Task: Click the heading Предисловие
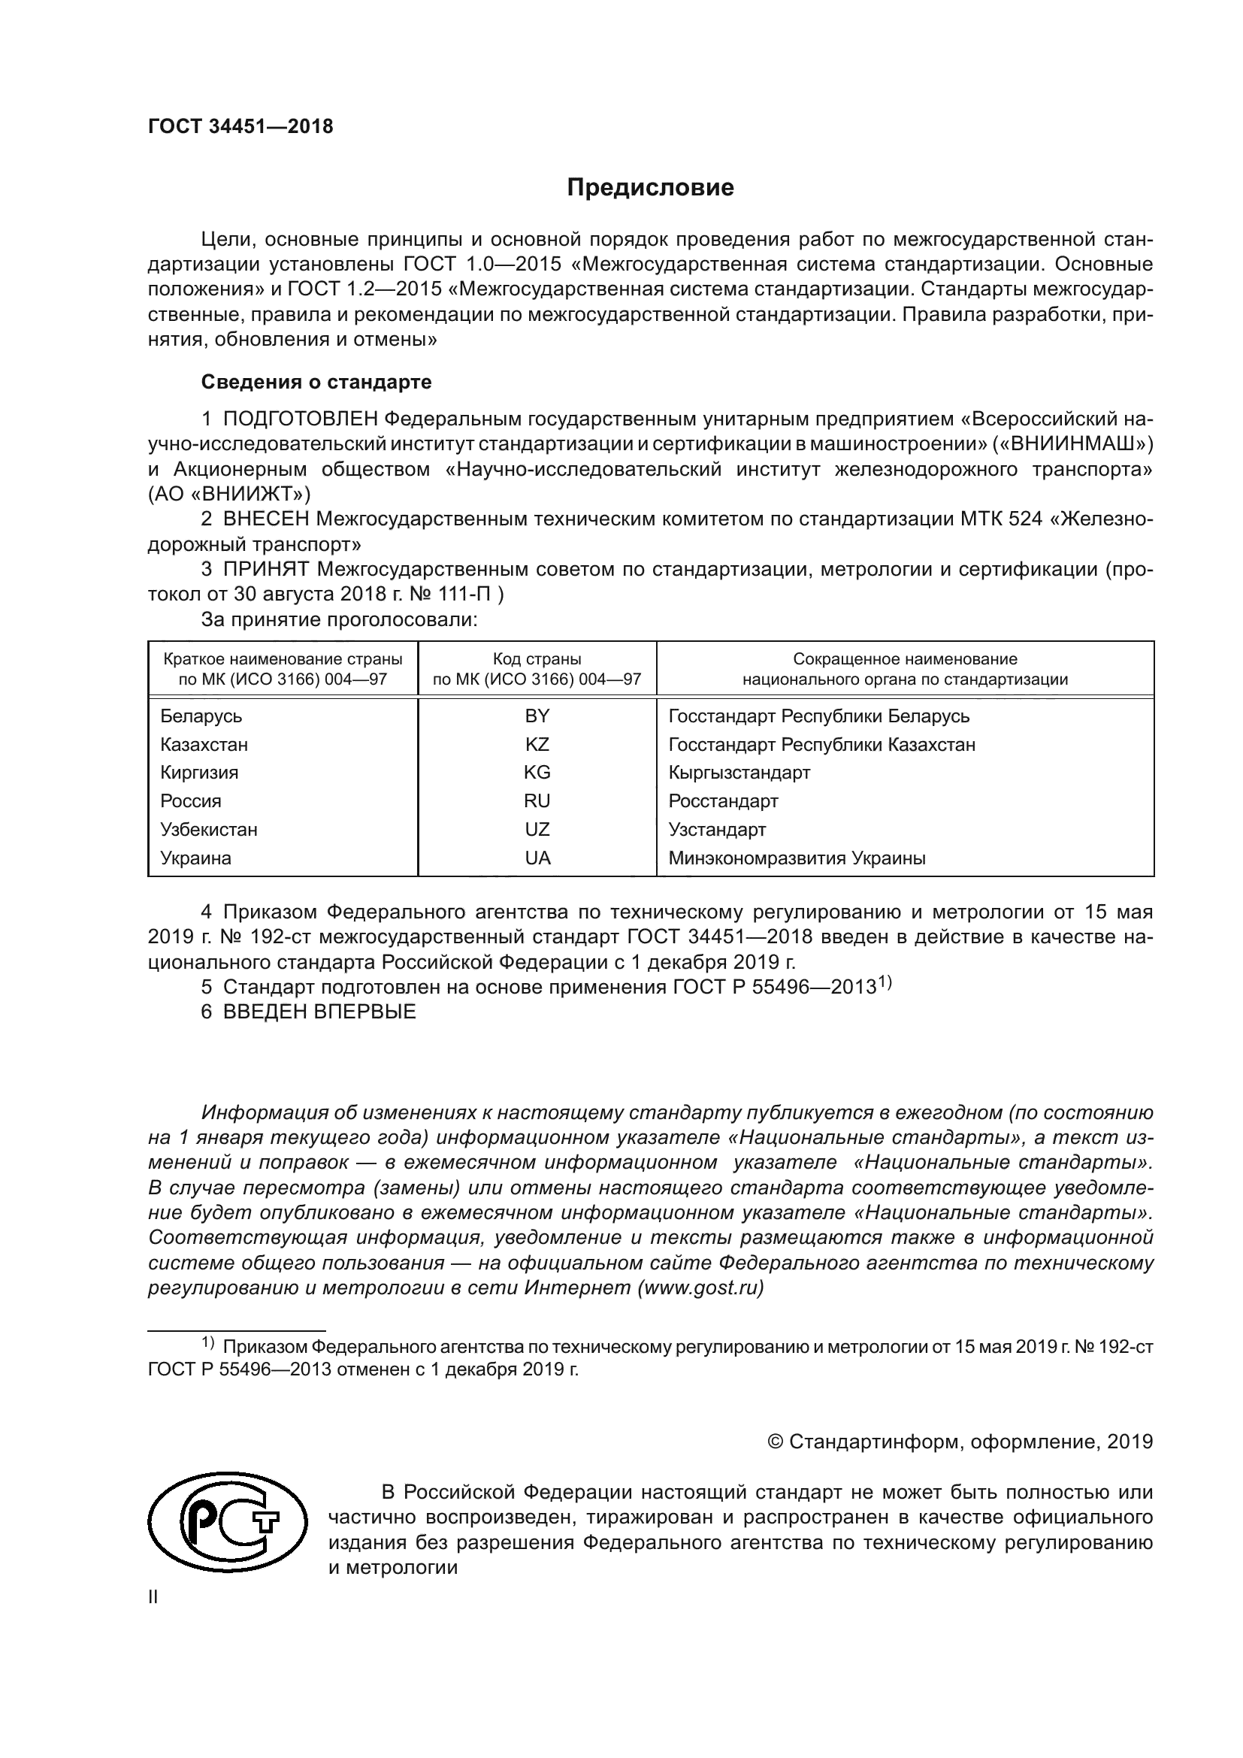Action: click(650, 188)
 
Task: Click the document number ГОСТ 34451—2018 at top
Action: click(240, 127)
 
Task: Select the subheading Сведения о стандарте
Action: click(316, 381)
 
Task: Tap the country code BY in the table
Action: click(537, 716)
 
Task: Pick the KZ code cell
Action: click(537, 744)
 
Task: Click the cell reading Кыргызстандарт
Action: click(739, 773)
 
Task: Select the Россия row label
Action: click(191, 801)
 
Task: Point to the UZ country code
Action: click(537, 829)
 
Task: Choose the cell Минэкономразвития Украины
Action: click(797, 858)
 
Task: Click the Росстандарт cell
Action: click(723, 801)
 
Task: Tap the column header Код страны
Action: click(537, 659)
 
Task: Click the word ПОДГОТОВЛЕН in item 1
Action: click(300, 419)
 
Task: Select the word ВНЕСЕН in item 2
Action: click(266, 519)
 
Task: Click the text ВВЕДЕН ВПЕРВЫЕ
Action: click(319, 1012)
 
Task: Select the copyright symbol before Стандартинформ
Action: click(775, 1442)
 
